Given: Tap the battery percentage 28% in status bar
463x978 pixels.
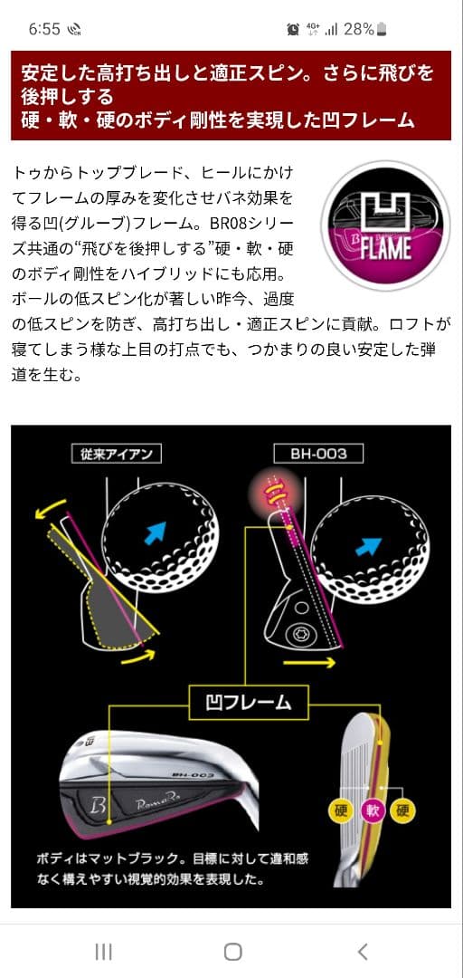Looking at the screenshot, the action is point(359,29).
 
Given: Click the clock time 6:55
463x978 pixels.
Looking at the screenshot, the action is point(44,29).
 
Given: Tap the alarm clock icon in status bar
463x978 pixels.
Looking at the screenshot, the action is point(293,29).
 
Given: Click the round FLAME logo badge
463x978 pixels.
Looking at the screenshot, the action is point(386,225).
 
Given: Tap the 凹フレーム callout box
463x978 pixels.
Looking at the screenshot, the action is point(248,703).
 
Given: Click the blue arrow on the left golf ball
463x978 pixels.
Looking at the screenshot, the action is point(156,532).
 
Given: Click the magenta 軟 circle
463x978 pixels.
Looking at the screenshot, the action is point(372,810).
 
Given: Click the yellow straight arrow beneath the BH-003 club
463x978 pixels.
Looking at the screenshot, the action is point(309,662).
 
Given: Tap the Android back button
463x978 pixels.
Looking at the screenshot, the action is point(363,952).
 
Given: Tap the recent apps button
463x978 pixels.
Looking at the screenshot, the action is point(103,952).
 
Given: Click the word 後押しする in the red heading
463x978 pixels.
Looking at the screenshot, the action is point(68,96).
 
